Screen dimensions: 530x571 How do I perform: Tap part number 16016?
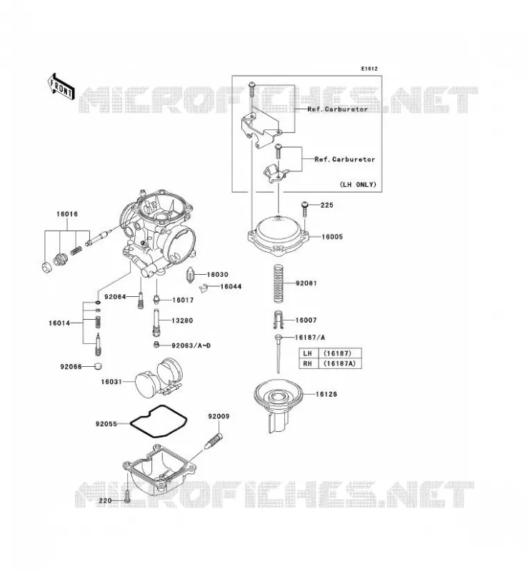(x=67, y=214)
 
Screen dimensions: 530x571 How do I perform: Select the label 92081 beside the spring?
(x=306, y=283)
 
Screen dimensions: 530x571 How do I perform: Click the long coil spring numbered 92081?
(x=279, y=283)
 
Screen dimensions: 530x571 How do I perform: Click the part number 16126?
(x=326, y=394)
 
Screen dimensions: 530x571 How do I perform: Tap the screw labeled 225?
(x=305, y=209)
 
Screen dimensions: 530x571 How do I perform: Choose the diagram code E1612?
(x=369, y=69)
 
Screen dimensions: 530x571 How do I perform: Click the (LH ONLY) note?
(x=358, y=185)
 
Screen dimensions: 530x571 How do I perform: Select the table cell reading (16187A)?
(x=340, y=363)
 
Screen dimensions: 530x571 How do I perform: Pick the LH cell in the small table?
(x=309, y=353)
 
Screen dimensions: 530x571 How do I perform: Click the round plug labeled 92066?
(x=98, y=366)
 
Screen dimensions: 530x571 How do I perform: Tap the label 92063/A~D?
(x=191, y=345)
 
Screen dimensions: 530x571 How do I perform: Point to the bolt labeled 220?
(x=127, y=497)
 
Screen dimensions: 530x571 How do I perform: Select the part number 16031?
(x=111, y=382)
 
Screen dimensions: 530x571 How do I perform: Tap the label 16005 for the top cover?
(x=332, y=237)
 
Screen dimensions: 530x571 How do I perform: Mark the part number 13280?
(x=182, y=320)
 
